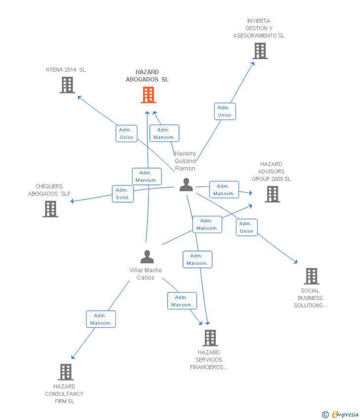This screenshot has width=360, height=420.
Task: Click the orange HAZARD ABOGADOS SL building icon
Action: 148,95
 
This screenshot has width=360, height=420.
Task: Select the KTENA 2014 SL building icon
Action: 67,85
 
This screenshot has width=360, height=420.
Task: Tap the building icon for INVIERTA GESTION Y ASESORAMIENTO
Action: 260,51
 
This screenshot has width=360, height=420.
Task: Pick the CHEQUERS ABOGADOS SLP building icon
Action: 50,209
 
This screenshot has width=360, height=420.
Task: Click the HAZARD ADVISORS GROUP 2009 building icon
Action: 272,194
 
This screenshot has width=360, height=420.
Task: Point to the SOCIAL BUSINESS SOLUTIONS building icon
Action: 311,276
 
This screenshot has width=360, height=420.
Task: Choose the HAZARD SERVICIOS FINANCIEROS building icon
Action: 210,338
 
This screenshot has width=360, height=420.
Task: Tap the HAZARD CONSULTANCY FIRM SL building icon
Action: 66,372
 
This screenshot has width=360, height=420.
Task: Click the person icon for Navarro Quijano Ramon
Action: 186,185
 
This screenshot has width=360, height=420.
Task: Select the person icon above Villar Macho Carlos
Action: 147,257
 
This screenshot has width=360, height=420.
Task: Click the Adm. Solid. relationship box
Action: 122,194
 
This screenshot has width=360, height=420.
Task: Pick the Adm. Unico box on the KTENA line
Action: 126,133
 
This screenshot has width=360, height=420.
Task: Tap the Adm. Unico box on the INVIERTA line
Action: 225,111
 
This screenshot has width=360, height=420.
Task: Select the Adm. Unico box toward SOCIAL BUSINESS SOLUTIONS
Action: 246,227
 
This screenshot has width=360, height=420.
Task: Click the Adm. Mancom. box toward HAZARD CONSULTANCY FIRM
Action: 101,319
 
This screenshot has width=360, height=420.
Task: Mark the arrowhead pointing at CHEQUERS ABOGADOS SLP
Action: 72,201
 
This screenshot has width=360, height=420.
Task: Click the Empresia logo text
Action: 345,415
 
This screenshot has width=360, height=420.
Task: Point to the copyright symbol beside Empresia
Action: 325,415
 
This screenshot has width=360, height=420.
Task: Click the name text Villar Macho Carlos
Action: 145,274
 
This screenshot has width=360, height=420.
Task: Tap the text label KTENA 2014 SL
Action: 66,70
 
